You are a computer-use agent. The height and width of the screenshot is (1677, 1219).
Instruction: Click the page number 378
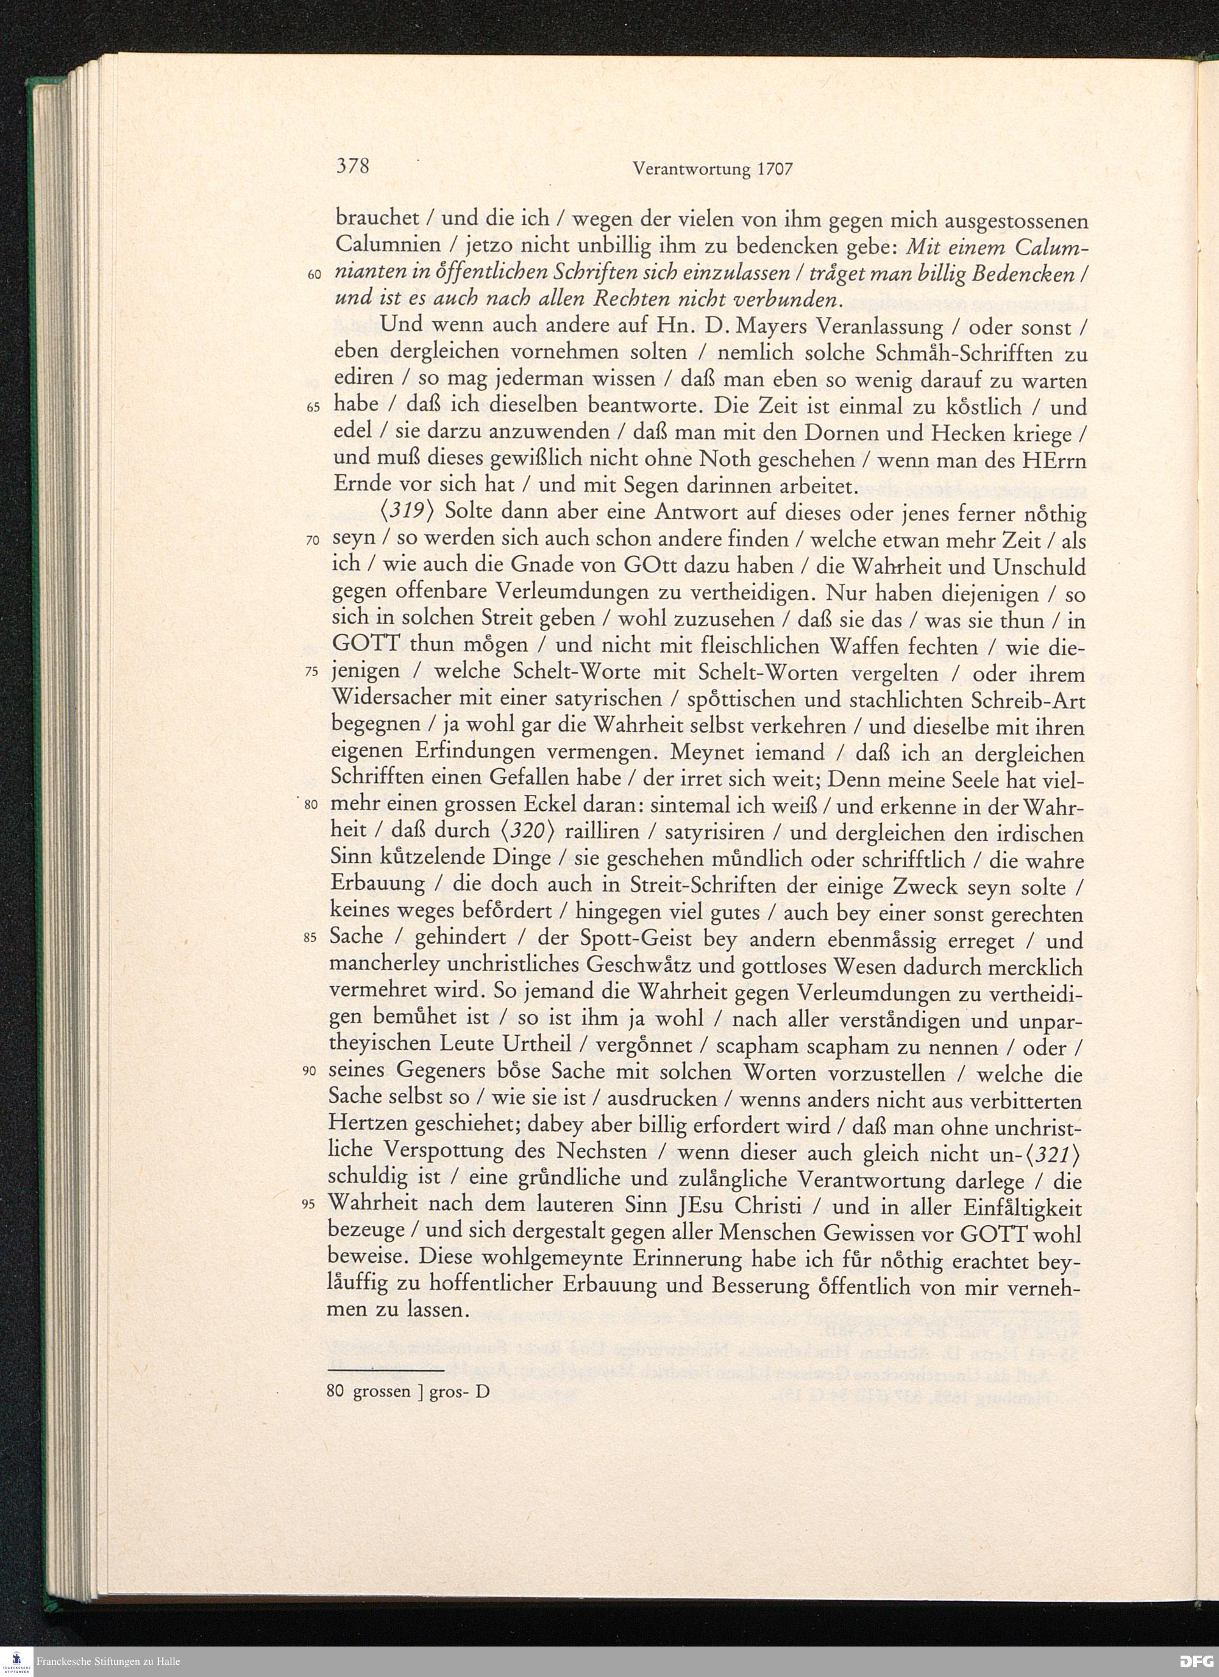click(353, 166)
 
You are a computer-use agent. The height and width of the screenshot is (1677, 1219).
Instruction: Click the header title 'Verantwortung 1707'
click(713, 169)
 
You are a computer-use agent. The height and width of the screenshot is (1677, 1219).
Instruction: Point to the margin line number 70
click(313, 541)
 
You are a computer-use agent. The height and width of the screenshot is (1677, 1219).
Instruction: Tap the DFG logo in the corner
click(1194, 1661)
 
